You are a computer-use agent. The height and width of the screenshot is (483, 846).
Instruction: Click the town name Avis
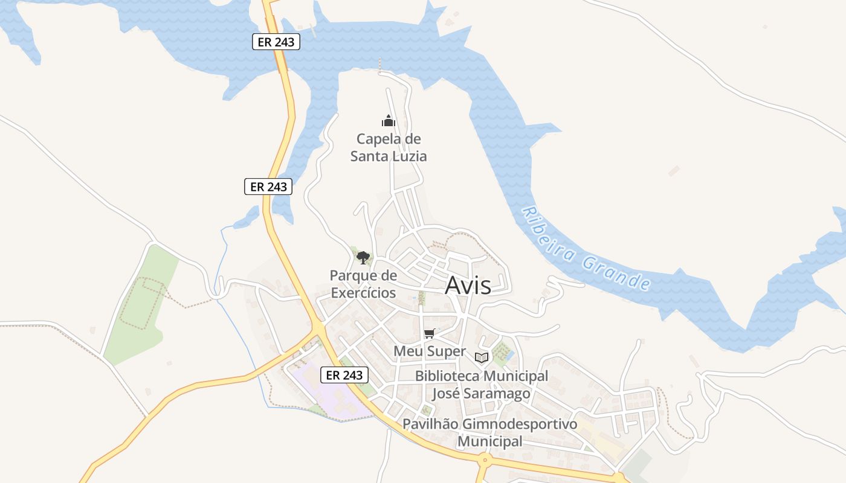(468, 286)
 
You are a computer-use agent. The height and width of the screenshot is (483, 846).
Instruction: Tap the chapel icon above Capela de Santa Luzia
(388, 121)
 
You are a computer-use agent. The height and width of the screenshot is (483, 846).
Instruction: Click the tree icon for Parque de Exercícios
(363, 258)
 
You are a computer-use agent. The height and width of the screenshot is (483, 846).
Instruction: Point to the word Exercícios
(363, 293)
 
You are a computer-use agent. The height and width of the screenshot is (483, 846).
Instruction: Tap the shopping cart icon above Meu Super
(430, 333)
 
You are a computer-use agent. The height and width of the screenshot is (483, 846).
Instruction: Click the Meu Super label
(430, 351)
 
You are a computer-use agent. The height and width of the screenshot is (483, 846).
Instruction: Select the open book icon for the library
(481, 357)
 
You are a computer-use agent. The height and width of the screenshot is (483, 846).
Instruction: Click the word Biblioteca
(448, 376)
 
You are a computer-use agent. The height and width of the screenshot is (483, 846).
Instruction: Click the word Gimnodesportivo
(518, 424)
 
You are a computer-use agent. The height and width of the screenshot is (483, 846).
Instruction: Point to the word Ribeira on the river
(547, 235)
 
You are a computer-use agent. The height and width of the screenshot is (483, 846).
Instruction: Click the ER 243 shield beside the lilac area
(344, 375)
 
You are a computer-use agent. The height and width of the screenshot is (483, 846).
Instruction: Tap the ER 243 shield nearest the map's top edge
(276, 42)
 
